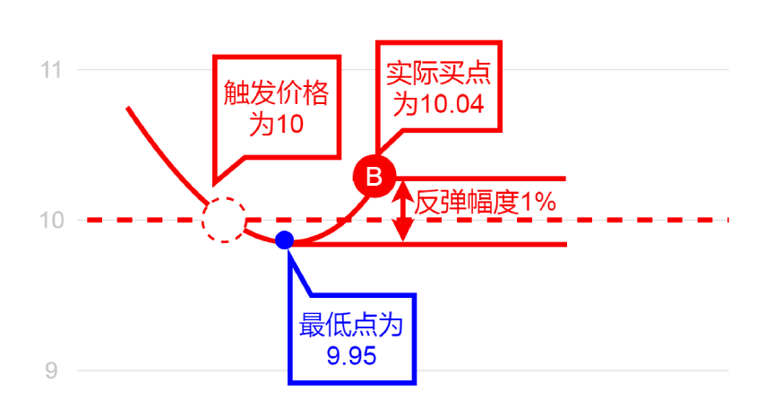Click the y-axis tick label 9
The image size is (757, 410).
pyautogui.click(x=50, y=370)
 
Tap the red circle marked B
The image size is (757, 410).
pyautogui.click(x=373, y=175)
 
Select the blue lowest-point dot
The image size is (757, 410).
pyautogui.click(x=285, y=240)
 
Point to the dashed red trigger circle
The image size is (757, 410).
pyautogui.click(x=223, y=220)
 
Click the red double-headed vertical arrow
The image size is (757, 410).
pyautogui.click(x=403, y=211)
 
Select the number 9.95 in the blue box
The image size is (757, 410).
pyautogui.click(x=351, y=356)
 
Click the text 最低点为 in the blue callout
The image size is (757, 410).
pyautogui.click(x=351, y=325)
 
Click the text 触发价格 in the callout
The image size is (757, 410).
pyautogui.click(x=276, y=94)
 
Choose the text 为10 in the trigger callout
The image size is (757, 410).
pyautogui.click(x=276, y=125)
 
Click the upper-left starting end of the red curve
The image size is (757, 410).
pyautogui.click(x=129, y=109)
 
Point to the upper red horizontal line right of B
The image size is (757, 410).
pyautogui.click(x=484, y=178)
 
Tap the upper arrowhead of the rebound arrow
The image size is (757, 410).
pyautogui.click(x=403, y=188)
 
